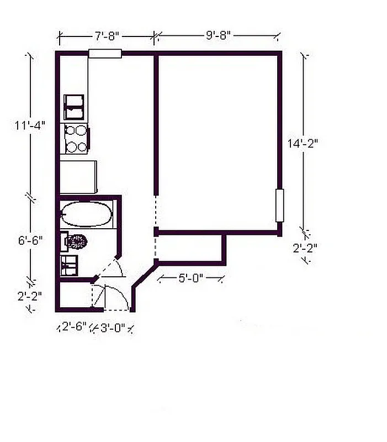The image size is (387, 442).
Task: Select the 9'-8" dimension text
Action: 218,36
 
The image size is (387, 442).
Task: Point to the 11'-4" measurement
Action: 30,125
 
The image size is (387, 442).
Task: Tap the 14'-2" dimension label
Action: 303,143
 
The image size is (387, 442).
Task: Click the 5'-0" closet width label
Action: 191,278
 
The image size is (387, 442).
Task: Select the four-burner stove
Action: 76,139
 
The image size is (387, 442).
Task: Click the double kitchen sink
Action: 75,107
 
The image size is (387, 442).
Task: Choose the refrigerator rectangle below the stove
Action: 78,176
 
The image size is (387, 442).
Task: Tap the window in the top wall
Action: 105,54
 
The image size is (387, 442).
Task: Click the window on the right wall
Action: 280,206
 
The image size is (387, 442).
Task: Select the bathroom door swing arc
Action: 116,267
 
